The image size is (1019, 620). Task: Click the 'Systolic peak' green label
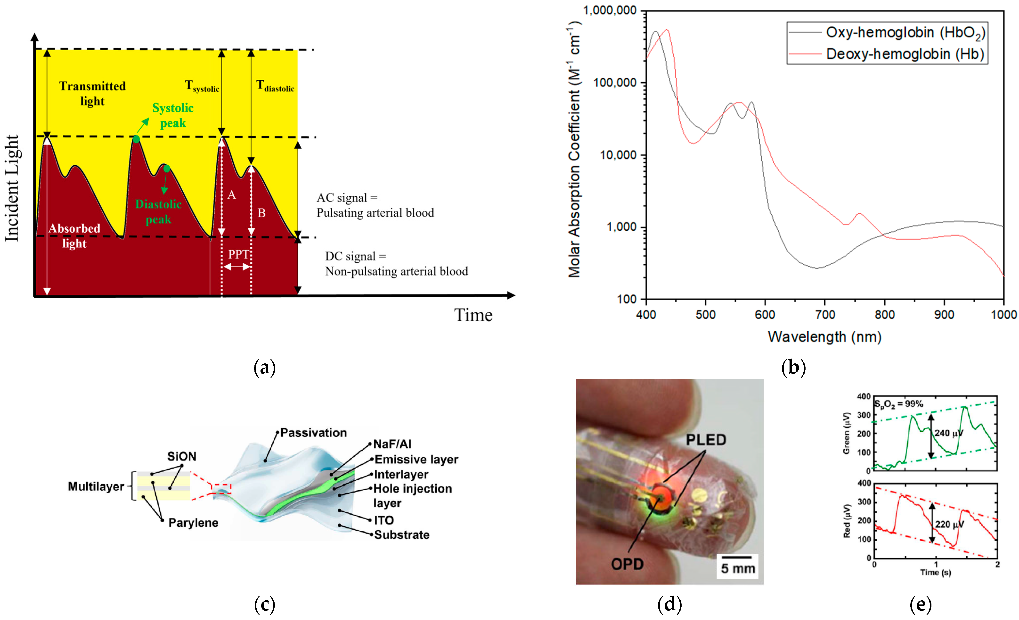click(x=173, y=116)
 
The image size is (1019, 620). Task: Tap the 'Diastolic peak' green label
click(x=158, y=211)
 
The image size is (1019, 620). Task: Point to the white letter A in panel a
click(x=232, y=195)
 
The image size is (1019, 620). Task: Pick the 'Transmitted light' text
click(x=92, y=93)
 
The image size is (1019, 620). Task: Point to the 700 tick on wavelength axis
click(x=825, y=315)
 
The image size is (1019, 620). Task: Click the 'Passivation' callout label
click(x=313, y=433)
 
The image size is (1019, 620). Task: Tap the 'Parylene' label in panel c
click(x=193, y=523)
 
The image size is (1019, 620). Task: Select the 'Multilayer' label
click(x=96, y=487)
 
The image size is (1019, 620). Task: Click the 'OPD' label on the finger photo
click(x=627, y=564)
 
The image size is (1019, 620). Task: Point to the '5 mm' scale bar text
click(x=738, y=568)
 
